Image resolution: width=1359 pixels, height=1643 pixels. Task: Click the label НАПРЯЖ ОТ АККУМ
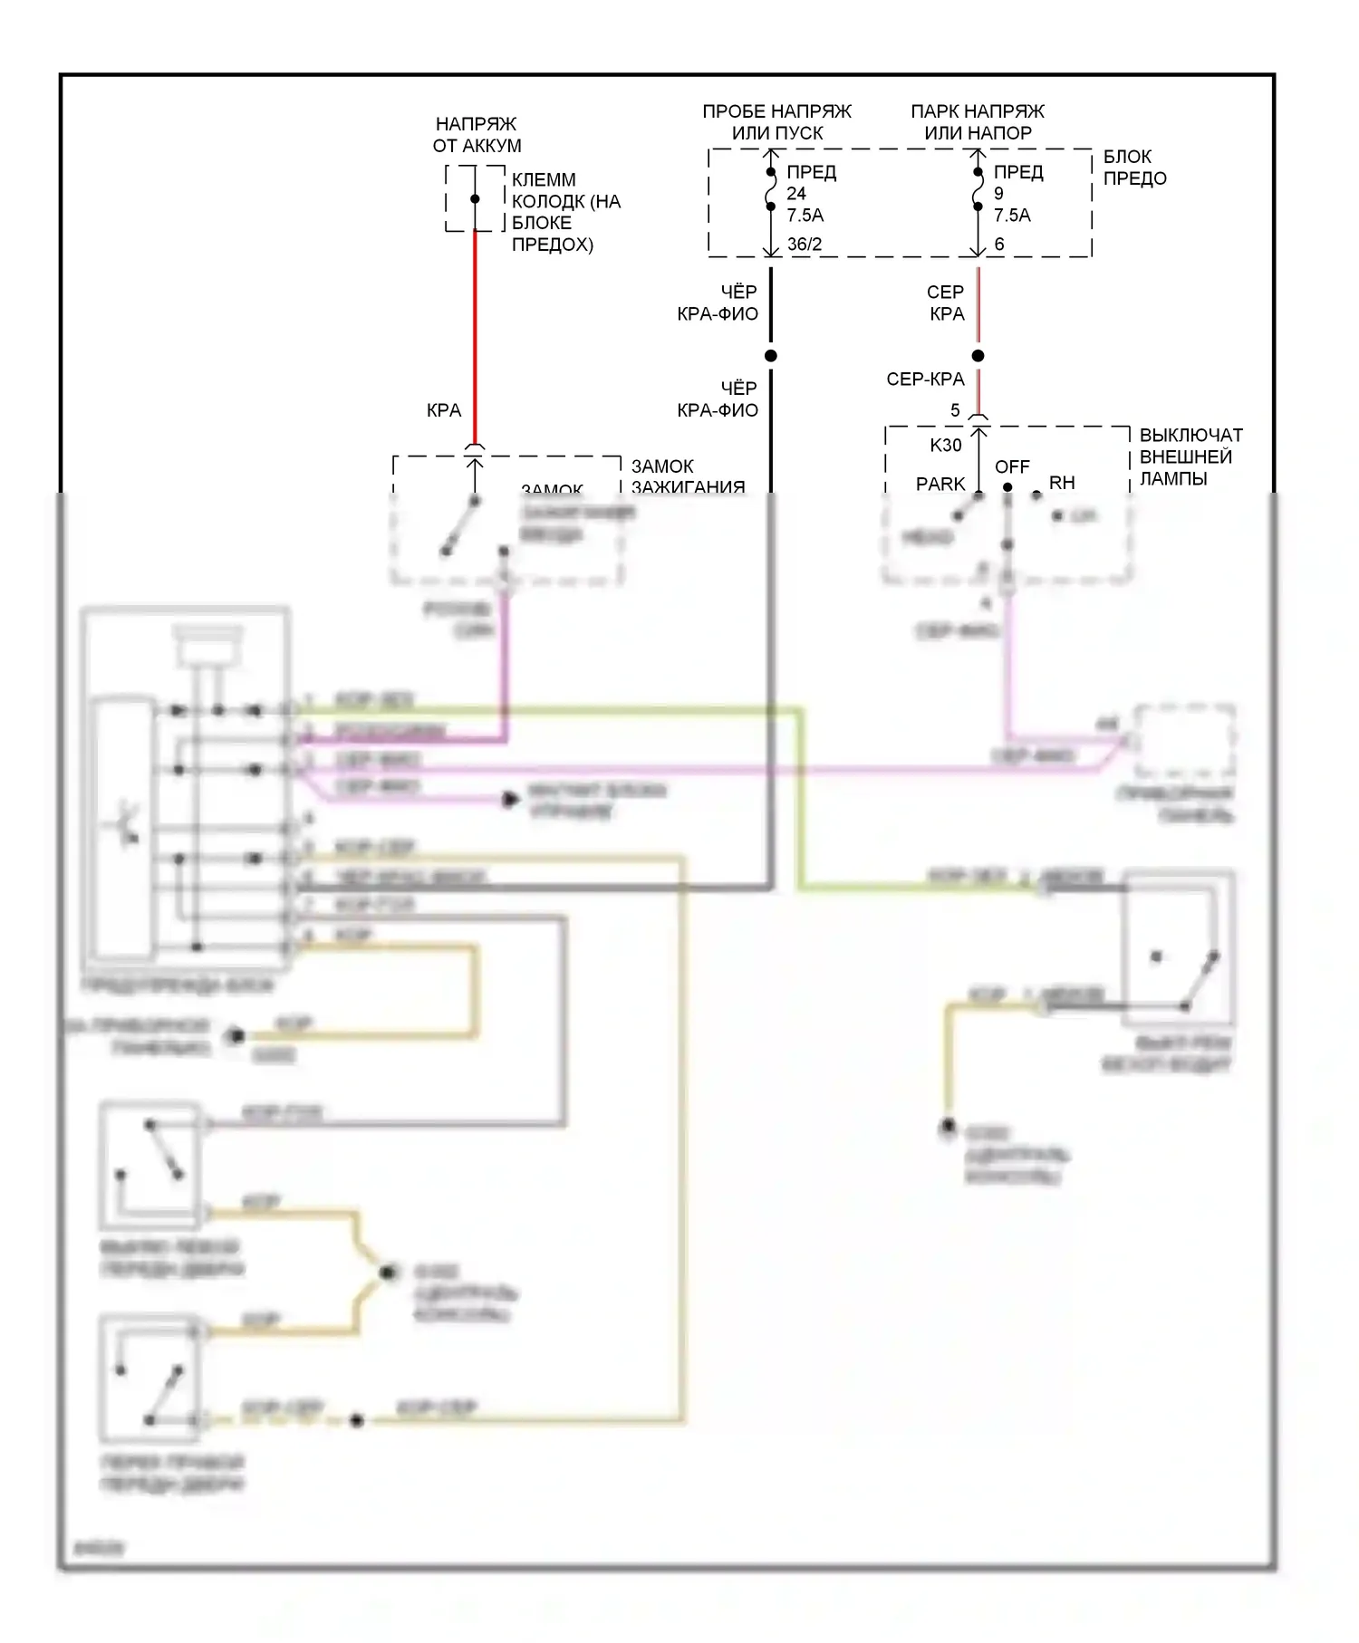(477, 134)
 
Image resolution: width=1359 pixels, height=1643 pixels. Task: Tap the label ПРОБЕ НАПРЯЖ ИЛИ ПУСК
(776, 121)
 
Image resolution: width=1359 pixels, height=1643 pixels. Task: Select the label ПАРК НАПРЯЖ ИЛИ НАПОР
(978, 121)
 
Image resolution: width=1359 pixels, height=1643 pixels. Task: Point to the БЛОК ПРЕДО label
(1134, 168)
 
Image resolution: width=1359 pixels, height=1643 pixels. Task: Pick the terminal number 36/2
(805, 244)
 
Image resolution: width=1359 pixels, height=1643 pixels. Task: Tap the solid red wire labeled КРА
(475, 335)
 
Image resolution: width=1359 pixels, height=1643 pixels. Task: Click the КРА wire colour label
(444, 410)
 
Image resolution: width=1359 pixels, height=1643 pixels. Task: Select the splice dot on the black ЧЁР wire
(771, 356)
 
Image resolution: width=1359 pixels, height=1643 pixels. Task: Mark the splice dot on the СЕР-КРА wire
(978, 356)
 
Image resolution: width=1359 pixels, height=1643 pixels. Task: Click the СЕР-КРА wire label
(925, 380)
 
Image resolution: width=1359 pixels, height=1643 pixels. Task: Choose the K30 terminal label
(946, 445)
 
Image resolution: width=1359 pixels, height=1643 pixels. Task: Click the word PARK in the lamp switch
(940, 484)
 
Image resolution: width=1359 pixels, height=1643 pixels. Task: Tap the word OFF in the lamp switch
(1012, 466)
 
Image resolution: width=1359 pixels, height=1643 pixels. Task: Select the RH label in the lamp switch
(1062, 483)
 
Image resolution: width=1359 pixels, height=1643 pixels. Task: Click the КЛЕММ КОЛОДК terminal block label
(565, 212)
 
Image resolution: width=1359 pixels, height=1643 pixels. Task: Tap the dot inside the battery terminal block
(475, 199)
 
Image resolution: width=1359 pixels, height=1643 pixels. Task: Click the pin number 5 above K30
(955, 410)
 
